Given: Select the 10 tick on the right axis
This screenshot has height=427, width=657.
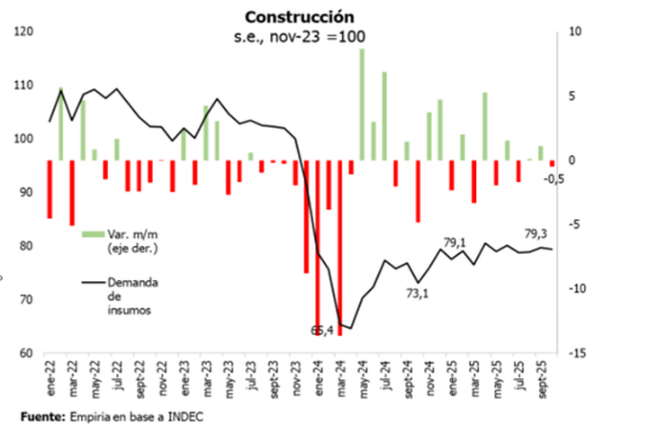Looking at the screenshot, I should (577, 32).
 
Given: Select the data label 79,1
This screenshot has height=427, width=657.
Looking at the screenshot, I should (456, 242).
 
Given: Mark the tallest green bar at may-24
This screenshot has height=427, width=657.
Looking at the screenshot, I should (362, 104).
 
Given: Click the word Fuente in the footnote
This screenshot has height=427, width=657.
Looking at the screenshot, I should (37, 415).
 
